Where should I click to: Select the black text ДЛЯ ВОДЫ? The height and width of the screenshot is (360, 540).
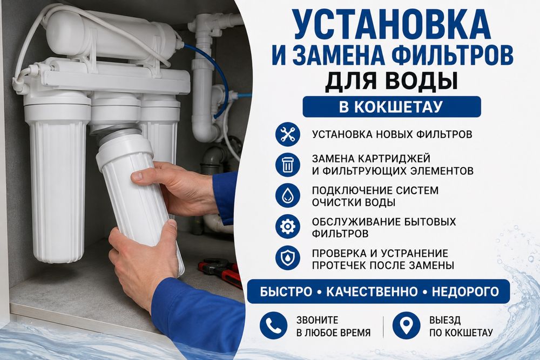click(391, 81)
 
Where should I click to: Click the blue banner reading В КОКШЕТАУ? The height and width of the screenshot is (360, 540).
click(391, 107)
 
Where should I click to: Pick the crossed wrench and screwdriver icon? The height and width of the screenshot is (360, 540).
click(288, 134)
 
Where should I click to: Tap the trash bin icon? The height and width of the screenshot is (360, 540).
click(288, 165)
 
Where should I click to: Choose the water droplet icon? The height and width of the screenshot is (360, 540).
click(288, 195)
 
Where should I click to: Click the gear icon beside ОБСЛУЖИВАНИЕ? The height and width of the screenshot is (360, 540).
click(288, 227)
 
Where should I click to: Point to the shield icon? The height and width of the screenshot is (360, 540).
click(288, 258)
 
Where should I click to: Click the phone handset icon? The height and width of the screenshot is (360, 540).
click(273, 325)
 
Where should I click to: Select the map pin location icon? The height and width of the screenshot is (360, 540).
click(407, 325)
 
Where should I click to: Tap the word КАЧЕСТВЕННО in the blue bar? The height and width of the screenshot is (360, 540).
click(372, 292)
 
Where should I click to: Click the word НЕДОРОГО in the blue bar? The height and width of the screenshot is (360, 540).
click(465, 292)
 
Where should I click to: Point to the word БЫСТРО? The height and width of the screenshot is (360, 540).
click(286, 292)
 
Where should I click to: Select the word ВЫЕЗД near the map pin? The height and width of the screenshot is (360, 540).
click(445, 321)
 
